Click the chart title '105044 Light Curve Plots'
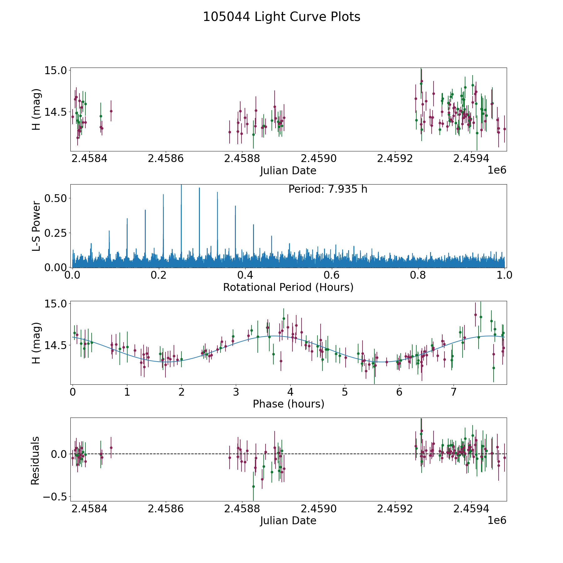coord(281,17)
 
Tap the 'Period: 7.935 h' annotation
coord(328,189)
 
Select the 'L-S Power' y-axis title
coord(36,226)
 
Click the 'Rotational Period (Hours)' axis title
coord(288,287)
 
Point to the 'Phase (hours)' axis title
coord(288,404)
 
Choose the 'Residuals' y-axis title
coord(35,460)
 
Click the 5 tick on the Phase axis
coord(345,392)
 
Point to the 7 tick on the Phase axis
coord(454,392)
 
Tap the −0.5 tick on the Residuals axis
coord(53,497)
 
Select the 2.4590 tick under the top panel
coord(319,159)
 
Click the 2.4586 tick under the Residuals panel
coord(166,509)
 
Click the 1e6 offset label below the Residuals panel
coord(497,520)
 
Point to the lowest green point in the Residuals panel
coord(253,486)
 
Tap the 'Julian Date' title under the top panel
coord(288,171)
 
